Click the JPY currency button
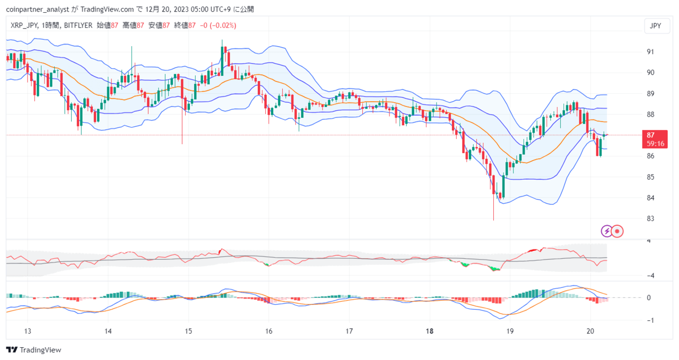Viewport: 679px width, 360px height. tap(657, 26)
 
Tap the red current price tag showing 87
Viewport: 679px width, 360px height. tap(655, 139)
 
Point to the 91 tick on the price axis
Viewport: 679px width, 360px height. tap(650, 52)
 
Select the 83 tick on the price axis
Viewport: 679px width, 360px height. tap(650, 218)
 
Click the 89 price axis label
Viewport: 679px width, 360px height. tap(650, 94)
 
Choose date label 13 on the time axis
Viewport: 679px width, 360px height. tap(28, 331)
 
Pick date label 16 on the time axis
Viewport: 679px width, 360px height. tap(269, 331)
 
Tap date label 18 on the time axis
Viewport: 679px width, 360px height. tap(430, 331)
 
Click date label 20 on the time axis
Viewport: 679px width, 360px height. tap(590, 331)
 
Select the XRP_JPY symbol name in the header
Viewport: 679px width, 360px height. tap(24, 25)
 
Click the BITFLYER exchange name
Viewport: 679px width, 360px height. tap(78, 25)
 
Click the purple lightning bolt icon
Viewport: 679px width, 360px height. tap(606, 232)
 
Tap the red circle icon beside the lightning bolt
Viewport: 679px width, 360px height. tap(617, 232)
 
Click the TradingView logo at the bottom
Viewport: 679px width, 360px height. tap(33, 350)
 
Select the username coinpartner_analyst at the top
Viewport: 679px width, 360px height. tap(38, 10)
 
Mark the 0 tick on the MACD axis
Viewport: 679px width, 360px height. tap(649, 297)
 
